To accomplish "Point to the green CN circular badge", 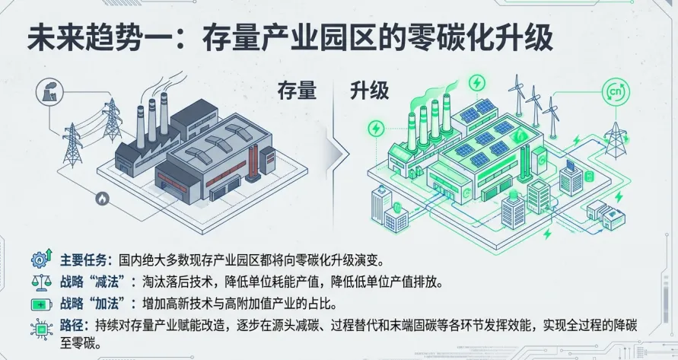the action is [x=616, y=92].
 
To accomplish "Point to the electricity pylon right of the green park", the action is [x=613, y=135].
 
